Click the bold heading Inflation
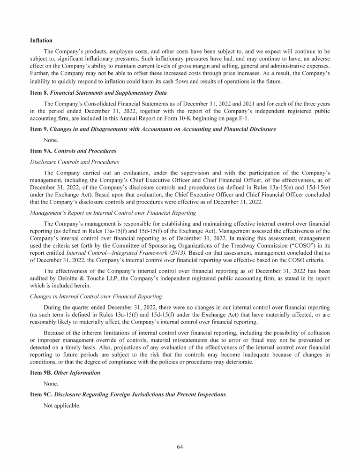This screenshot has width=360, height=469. coord(41,41)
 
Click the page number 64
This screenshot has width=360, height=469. coord(180,446)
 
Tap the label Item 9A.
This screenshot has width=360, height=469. coord(41,151)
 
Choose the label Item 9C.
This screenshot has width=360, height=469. coord(41,394)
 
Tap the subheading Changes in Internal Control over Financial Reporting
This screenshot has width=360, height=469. coord(95,296)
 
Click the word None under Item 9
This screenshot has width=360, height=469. coord(51,140)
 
